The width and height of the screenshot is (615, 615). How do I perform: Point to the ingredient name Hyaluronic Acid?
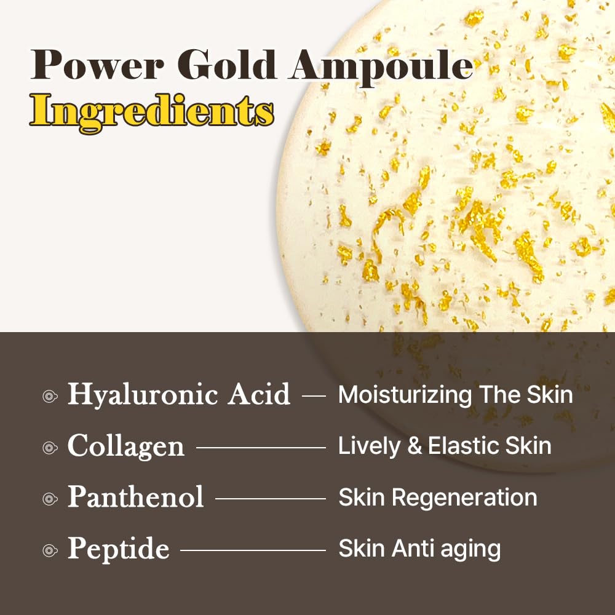click(x=178, y=395)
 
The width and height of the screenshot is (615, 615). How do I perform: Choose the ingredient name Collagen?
click(x=125, y=446)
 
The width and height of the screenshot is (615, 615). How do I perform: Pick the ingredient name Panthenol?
click(x=135, y=496)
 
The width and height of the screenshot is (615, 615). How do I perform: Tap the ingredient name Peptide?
click(x=118, y=549)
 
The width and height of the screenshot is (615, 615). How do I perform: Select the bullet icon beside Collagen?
click(x=50, y=448)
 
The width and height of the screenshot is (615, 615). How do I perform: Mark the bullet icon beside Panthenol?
click(x=50, y=499)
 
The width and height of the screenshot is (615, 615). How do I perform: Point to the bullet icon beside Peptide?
click(x=50, y=550)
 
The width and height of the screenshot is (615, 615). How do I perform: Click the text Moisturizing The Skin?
click(x=455, y=395)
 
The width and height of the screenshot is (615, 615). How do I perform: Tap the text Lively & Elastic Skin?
click(x=445, y=446)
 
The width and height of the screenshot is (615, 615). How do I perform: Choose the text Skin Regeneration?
click(x=437, y=497)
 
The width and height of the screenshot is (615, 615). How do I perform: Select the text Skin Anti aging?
click(x=419, y=549)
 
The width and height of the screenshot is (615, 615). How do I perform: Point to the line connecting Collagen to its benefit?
click(x=261, y=448)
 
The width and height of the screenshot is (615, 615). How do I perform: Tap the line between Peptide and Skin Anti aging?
click(x=253, y=550)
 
